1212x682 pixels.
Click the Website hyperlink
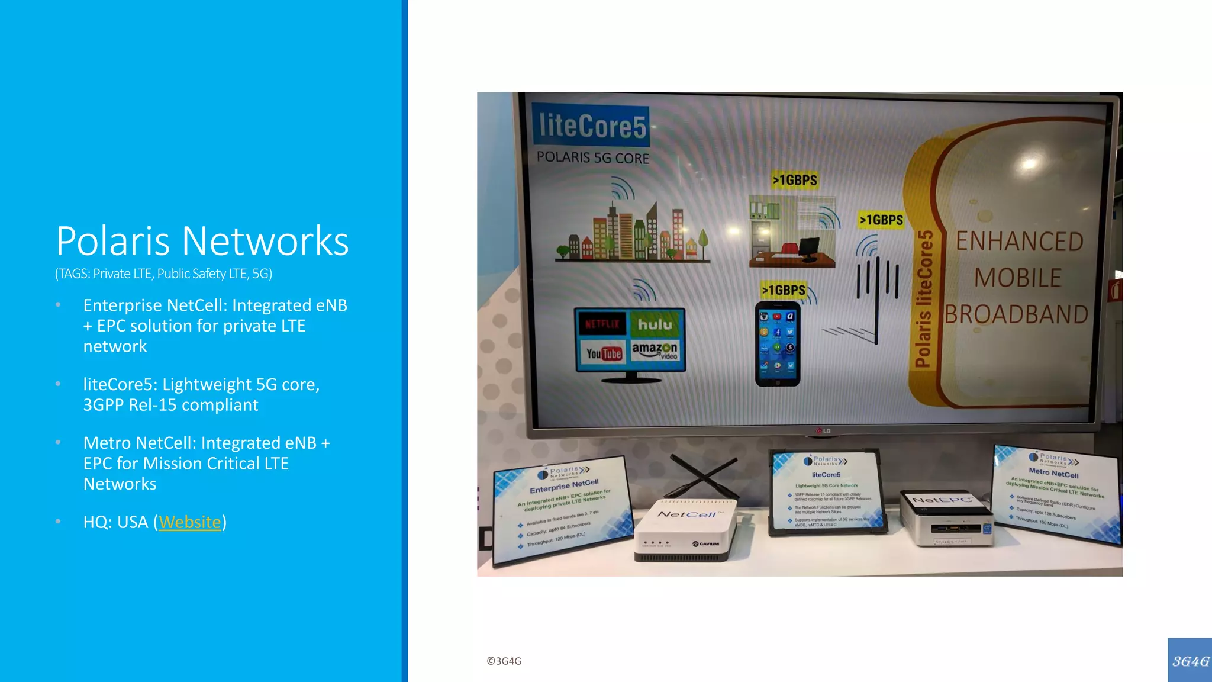click(189, 522)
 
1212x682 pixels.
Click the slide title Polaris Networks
click(202, 241)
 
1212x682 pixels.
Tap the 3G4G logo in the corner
click(1190, 661)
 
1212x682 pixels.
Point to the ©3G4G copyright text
click(504, 661)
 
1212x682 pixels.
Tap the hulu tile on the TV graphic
click(655, 324)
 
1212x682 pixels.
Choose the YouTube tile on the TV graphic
click(604, 353)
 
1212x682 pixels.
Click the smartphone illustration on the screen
click(778, 344)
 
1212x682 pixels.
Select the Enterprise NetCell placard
click(563, 510)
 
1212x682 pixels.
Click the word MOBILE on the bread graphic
click(1018, 278)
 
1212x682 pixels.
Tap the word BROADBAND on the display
click(1016, 314)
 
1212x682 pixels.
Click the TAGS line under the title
click(163, 274)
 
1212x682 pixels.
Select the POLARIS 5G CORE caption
click(592, 158)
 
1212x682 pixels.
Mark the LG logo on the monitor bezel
click(824, 430)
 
